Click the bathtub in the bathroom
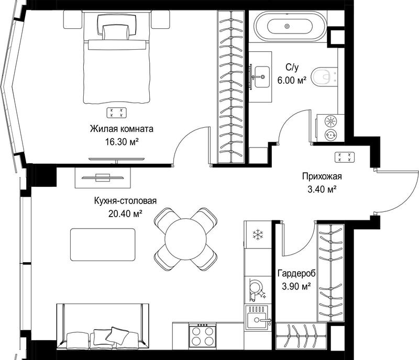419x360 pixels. click(x=290, y=26)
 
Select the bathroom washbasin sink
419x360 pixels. click(x=262, y=76)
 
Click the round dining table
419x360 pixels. click(x=186, y=239)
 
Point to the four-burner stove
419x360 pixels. click(x=202, y=335)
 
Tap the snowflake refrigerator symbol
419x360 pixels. click(x=258, y=234)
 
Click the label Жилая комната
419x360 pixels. click(x=122, y=129)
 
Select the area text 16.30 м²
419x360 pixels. click(x=122, y=142)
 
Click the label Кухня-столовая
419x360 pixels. click(x=125, y=200)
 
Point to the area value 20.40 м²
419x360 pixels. click(x=125, y=213)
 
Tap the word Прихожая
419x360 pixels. click(x=322, y=176)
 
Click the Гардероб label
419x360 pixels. click(x=296, y=274)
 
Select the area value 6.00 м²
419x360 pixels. click(x=292, y=80)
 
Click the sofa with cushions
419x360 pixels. click(x=103, y=327)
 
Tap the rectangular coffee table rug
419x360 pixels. click(x=103, y=244)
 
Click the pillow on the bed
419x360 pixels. click(x=116, y=32)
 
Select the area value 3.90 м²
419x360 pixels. click(x=296, y=287)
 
